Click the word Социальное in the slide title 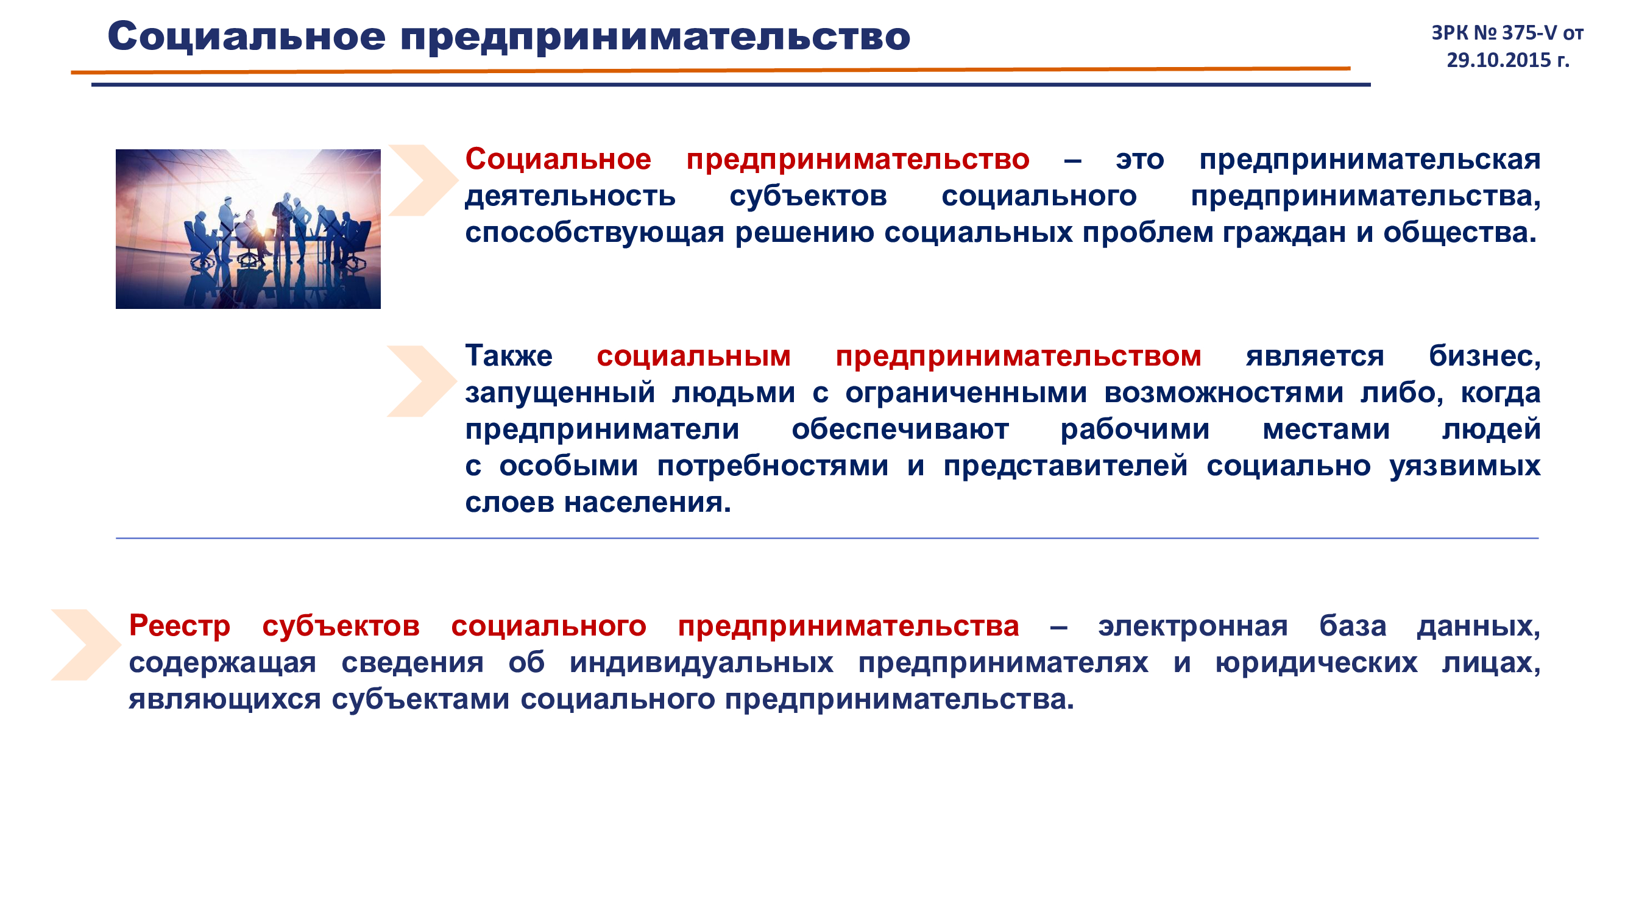246,37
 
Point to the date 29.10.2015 1498,60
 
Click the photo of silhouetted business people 248,229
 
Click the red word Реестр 180,626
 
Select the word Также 508,356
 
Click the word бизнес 1484,356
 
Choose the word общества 1460,233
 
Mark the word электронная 1193,626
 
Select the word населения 647,503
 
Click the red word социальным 693,356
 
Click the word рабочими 1135,430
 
